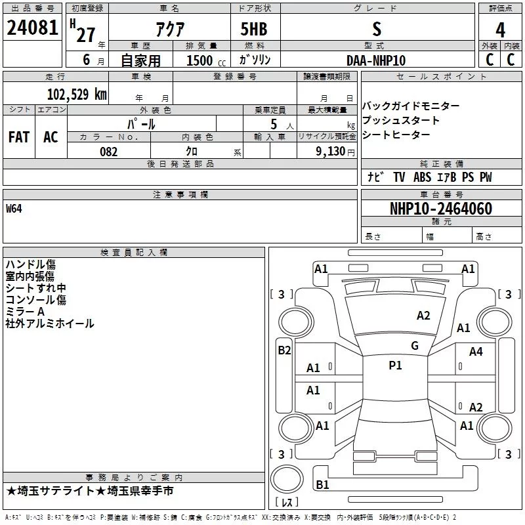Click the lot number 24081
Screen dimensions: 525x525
pyautogui.click(x=32, y=28)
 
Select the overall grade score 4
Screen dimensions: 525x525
pyautogui.click(x=500, y=30)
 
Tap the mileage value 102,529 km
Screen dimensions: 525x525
pyautogui.click(x=77, y=94)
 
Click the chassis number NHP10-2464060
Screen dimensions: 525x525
pyautogui.click(x=441, y=208)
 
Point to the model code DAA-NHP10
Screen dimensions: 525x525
pyautogui.click(x=376, y=60)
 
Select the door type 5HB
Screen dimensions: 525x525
pyautogui.click(x=254, y=29)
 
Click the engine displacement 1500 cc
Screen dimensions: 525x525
pyautogui.click(x=206, y=60)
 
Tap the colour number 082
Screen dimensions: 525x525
pyautogui.click(x=109, y=152)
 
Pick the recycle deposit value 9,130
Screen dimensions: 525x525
pyautogui.click(x=331, y=152)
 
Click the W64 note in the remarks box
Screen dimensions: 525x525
pyautogui.click(x=14, y=209)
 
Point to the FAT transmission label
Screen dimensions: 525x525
pyautogui.click(x=19, y=137)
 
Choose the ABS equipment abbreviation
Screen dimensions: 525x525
pyautogui.click(x=422, y=177)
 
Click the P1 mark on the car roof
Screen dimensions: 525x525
pyautogui.click(x=395, y=366)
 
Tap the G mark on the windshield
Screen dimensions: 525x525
pyautogui.click(x=415, y=346)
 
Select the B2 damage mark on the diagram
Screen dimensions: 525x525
pyautogui.click(x=284, y=350)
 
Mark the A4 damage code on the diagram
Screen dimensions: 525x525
pyautogui.click(x=476, y=352)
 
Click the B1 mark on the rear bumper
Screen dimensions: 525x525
pyautogui.click(x=322, y=484)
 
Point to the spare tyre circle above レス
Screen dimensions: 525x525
pyautogui.click(x=287, y=479)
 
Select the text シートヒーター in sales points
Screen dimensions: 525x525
pyautogui.click(x=396, y=135)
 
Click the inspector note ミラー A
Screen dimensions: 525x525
pyautogui.click(x=25, y=312)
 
